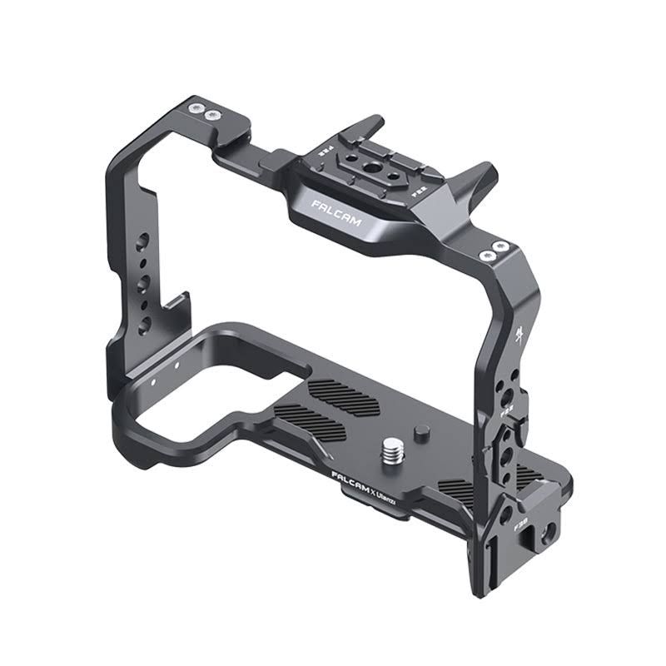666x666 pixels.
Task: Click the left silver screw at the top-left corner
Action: pyautogui.click(x=195, y=108)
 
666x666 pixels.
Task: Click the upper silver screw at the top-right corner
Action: pyautogui.click(x=498, y=246)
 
